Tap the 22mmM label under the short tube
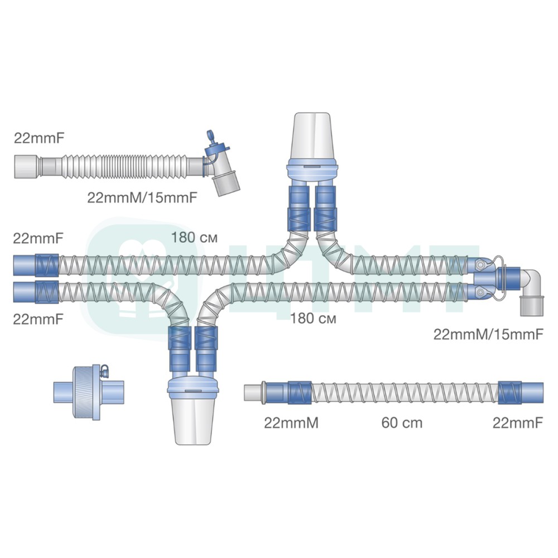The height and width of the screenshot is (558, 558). point(291,423)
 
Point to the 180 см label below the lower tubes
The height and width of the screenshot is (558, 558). point(313,319)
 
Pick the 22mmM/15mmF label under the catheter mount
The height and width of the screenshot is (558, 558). point(142,196)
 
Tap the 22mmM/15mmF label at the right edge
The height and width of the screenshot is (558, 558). point(488,334)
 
